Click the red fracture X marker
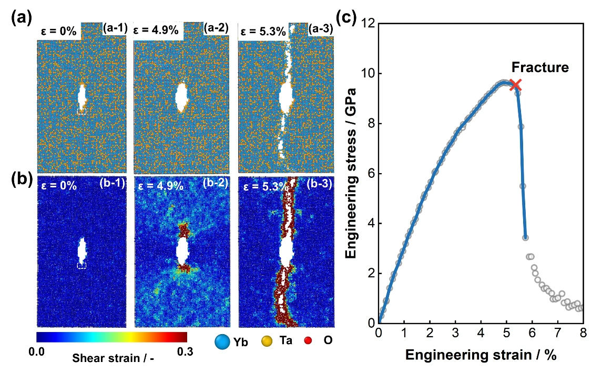pyautogui.click(x=515, y=85)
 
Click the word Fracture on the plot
pyautogui.click(x=540, y=67)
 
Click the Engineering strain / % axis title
pyautogui.click(x=481, y=355)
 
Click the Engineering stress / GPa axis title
pyautogui.click(x=351, y=173)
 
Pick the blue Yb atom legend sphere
pyautogui.click(x=222, y=341)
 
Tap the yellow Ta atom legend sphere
pyautogui.click(x=267, y=341)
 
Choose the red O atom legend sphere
pyautogui.click(x=308, y=340)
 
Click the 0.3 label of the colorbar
pyautogui.click(x=185, y=351)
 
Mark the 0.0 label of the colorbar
pyautogui.click(x=37, y=351)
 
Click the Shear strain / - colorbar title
pyautogui.click(x=113, y=358)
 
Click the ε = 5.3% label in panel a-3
pyautogui.click(x=263, y=32)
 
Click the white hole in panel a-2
pyautogui.click(x=181, y=97)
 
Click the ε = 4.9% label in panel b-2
pyautogui.click(x=161, y=186)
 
